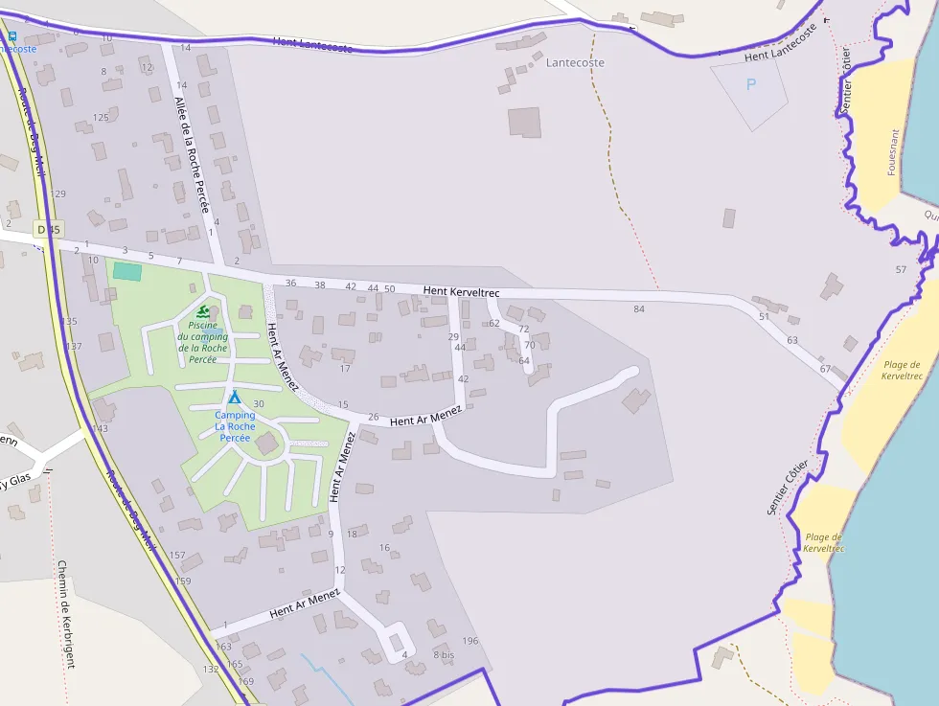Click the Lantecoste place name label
pyautogui.click(x=575, y=62)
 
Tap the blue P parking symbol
pyautogui.click(x=750, y=84)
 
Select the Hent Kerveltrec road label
pyautogui.click(x=462, y=289)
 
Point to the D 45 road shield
pyautogui.click(x=46, y=229)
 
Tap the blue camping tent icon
pyautogui.click(x=234, y=397)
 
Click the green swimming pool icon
pyautogui.click(x=203, y=311)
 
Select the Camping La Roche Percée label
pyautogui.click(x=235, y=426)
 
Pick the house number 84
pyautogui.click(x=639, y=308)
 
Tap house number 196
pyautogui.click(x=469, y=641)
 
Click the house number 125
pyautogui.click(x=101, y=118)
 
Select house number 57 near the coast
pyautogui.click(x=901, y=269)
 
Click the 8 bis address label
pyautogui.click(x=443, y=655)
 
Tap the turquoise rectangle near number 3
pyautogui.click(x=127, y=271)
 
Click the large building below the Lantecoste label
pyautogui.click(x=524, y=123)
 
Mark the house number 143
pyautogui.click(x=101, y=427)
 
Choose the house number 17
pyautogui.click(x=345, y=368)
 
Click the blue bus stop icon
pyautogui.click(x=11, y=36)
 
